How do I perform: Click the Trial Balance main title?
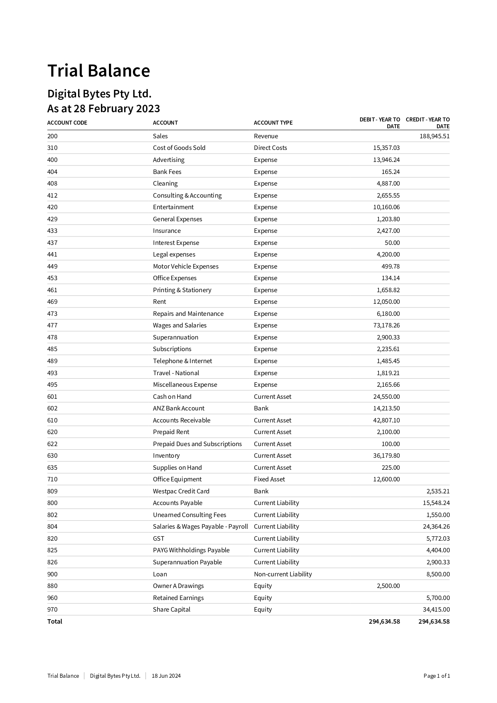99,71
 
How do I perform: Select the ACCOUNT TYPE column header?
273,123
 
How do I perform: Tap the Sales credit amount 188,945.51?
435,136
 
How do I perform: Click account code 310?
52,148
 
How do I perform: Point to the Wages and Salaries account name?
179,325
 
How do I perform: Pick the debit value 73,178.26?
386,325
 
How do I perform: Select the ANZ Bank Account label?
179,408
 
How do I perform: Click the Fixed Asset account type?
269,479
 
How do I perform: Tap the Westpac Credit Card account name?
181,491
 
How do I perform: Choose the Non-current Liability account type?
282,574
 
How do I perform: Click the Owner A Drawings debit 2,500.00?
388,586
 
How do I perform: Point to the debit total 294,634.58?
384,622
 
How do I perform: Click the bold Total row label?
55,622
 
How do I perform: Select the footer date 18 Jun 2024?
166,676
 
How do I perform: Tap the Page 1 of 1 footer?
437,676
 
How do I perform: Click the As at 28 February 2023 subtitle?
103,109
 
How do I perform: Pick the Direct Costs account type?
270,148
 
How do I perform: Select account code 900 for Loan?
52,574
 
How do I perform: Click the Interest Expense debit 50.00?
392,243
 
